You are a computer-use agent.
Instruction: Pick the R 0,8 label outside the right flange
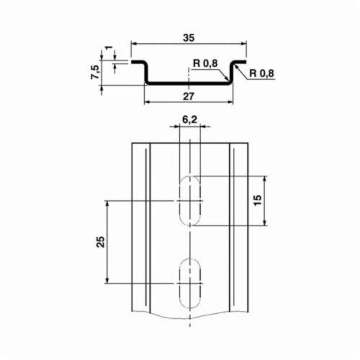click(x=262, y=73)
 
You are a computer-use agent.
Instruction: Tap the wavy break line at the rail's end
click(x=189, y=315)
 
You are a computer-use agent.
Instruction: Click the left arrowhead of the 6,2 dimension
click(x=175, y=128)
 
